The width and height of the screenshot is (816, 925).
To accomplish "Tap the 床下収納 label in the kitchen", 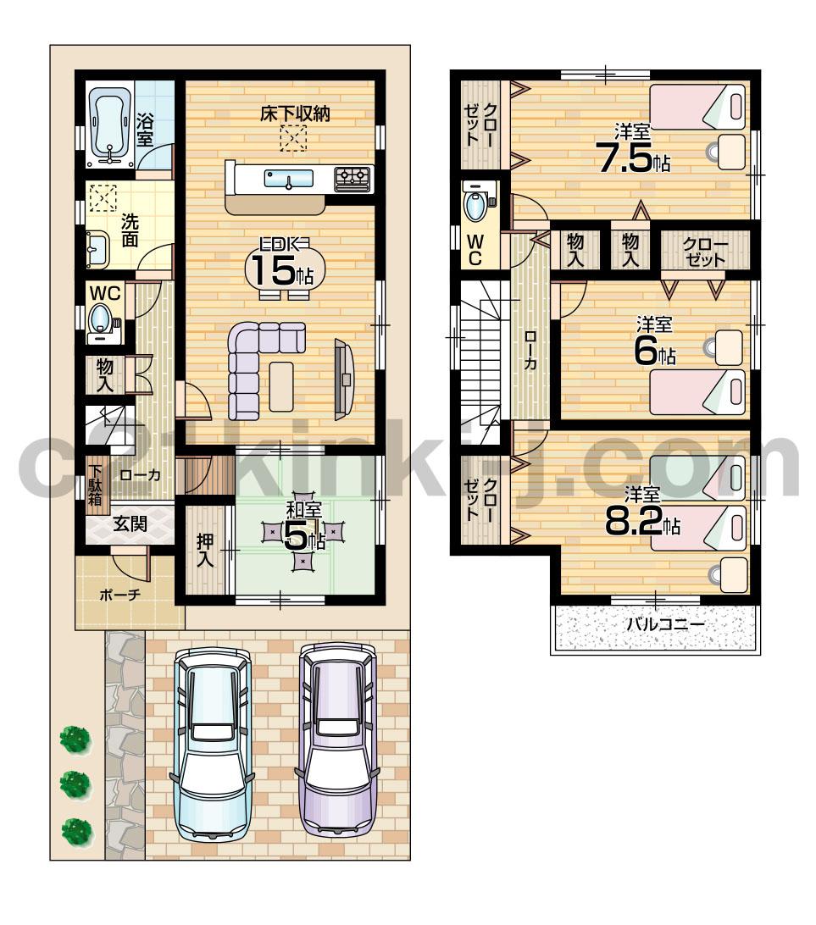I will [294, 114].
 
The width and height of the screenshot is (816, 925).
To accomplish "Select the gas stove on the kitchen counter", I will [352, 178].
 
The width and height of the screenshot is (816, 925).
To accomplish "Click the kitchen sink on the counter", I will [289, 179].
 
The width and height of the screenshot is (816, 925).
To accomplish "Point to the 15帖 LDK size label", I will [280, 269].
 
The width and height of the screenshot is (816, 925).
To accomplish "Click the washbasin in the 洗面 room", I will [97, 249].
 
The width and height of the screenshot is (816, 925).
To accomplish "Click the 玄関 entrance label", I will [131, 524].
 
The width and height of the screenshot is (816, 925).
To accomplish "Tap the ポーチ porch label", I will [119, 594].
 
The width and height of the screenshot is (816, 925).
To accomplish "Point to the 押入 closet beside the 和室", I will [206, 551].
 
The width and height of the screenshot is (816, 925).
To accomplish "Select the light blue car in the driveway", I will [214, 741].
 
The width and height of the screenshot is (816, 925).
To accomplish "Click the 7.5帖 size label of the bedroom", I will [634, 158].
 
